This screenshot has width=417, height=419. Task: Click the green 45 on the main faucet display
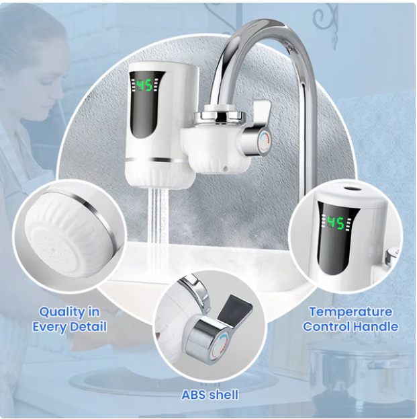144,85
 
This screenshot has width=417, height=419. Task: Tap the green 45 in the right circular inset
336,223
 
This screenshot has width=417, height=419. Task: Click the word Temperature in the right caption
351,312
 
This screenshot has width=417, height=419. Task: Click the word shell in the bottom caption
224,394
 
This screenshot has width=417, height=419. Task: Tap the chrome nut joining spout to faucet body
220,117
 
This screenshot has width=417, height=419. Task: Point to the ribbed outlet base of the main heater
160,175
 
